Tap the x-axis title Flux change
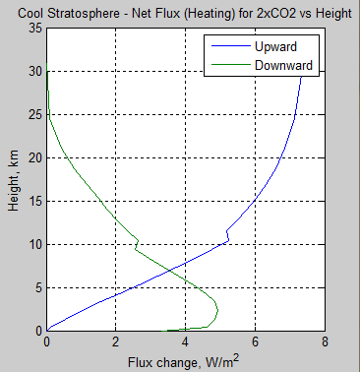point(183,362)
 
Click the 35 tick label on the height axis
point(32,29)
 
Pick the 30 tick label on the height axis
point(32,72)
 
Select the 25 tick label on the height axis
point(32,115)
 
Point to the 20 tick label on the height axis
point(32,157)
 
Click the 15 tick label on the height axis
point(32,201)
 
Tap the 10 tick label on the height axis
point(32,244)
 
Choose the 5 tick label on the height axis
point(36,287)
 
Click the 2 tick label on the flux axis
point(116,343)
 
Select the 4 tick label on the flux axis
point(185,343)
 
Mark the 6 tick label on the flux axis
point(254,343)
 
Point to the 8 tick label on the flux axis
point(323,343)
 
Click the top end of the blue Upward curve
point(302,72)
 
